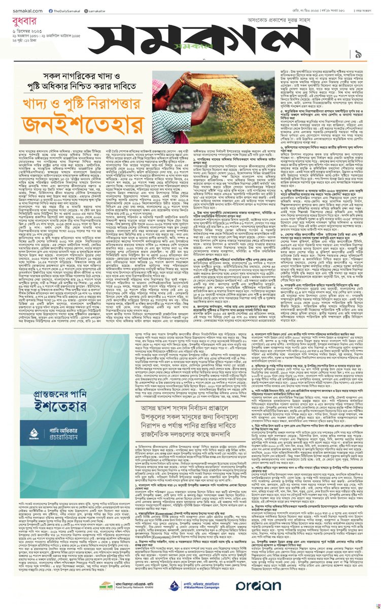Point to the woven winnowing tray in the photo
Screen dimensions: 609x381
[213, 84]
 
